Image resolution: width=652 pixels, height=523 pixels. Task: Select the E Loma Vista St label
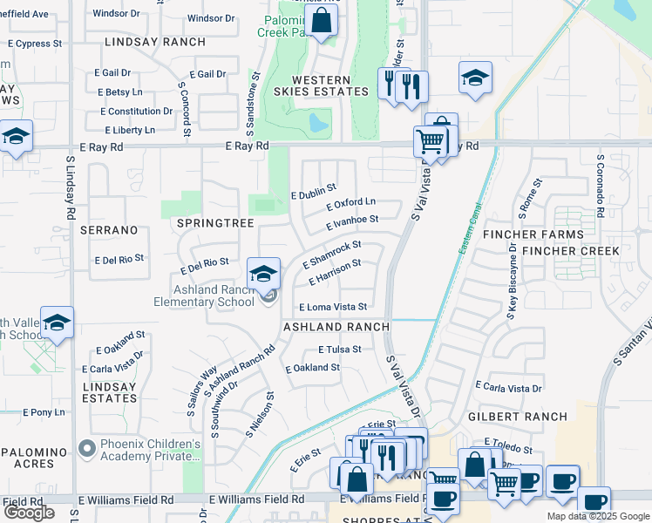pyautogui.click(x=333, y=307)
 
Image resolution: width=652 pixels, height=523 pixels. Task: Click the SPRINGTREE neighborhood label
pyautogui.click(x=214, y=223)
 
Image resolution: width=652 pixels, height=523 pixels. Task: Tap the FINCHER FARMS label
pyautogui.click(x=547, y=234)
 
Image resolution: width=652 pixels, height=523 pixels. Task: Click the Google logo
pyautogui.click(x=29, y=513)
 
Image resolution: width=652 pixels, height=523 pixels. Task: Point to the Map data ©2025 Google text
pyautogui.click(x=598, y=516)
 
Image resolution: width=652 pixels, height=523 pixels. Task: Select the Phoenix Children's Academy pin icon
pyautogui.click(x=86, y=449)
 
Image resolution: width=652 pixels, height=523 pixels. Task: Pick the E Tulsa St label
pyautogui.click(x=339, y=349)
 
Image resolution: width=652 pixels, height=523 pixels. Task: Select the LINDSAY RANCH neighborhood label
pyautogui.click(x=154, y=42)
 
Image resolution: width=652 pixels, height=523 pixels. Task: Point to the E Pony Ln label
pyautogui.click(x=39, y=411)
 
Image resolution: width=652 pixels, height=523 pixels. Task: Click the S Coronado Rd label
pyautogui.click(x=601, y=187)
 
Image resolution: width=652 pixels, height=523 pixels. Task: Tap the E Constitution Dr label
pyautogui.click(x=136, y=112)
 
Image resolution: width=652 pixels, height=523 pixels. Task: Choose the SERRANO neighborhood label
pyautogui.click(x=109, y=230)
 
